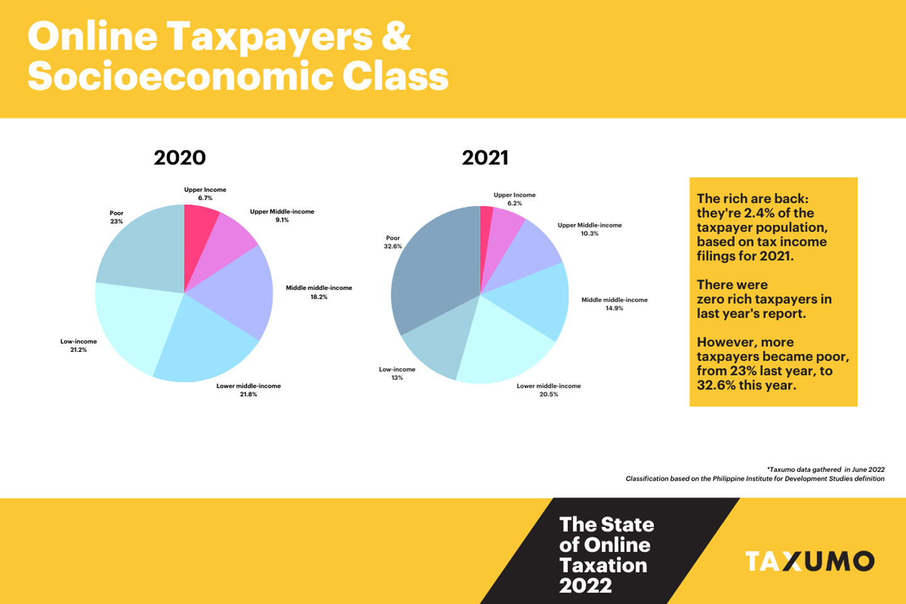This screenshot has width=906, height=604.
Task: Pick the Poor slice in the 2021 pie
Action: point(428,271)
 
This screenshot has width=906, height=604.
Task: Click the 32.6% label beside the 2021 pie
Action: point(393,247)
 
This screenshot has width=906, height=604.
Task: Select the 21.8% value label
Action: point(248,394)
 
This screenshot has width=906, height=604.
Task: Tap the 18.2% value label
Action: point(318,297)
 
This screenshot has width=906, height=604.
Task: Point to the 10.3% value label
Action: point(590,233)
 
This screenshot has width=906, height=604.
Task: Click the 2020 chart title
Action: point(179,157)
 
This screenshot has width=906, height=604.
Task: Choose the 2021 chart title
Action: point(484,157)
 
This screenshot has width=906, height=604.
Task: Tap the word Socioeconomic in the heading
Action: point(179,77)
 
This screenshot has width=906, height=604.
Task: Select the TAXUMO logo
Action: point(810,561)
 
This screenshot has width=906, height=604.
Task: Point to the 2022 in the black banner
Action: point(585,586)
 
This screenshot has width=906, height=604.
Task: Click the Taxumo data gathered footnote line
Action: point(825,469)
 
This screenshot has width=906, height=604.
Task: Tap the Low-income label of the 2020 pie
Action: point(79,342)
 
